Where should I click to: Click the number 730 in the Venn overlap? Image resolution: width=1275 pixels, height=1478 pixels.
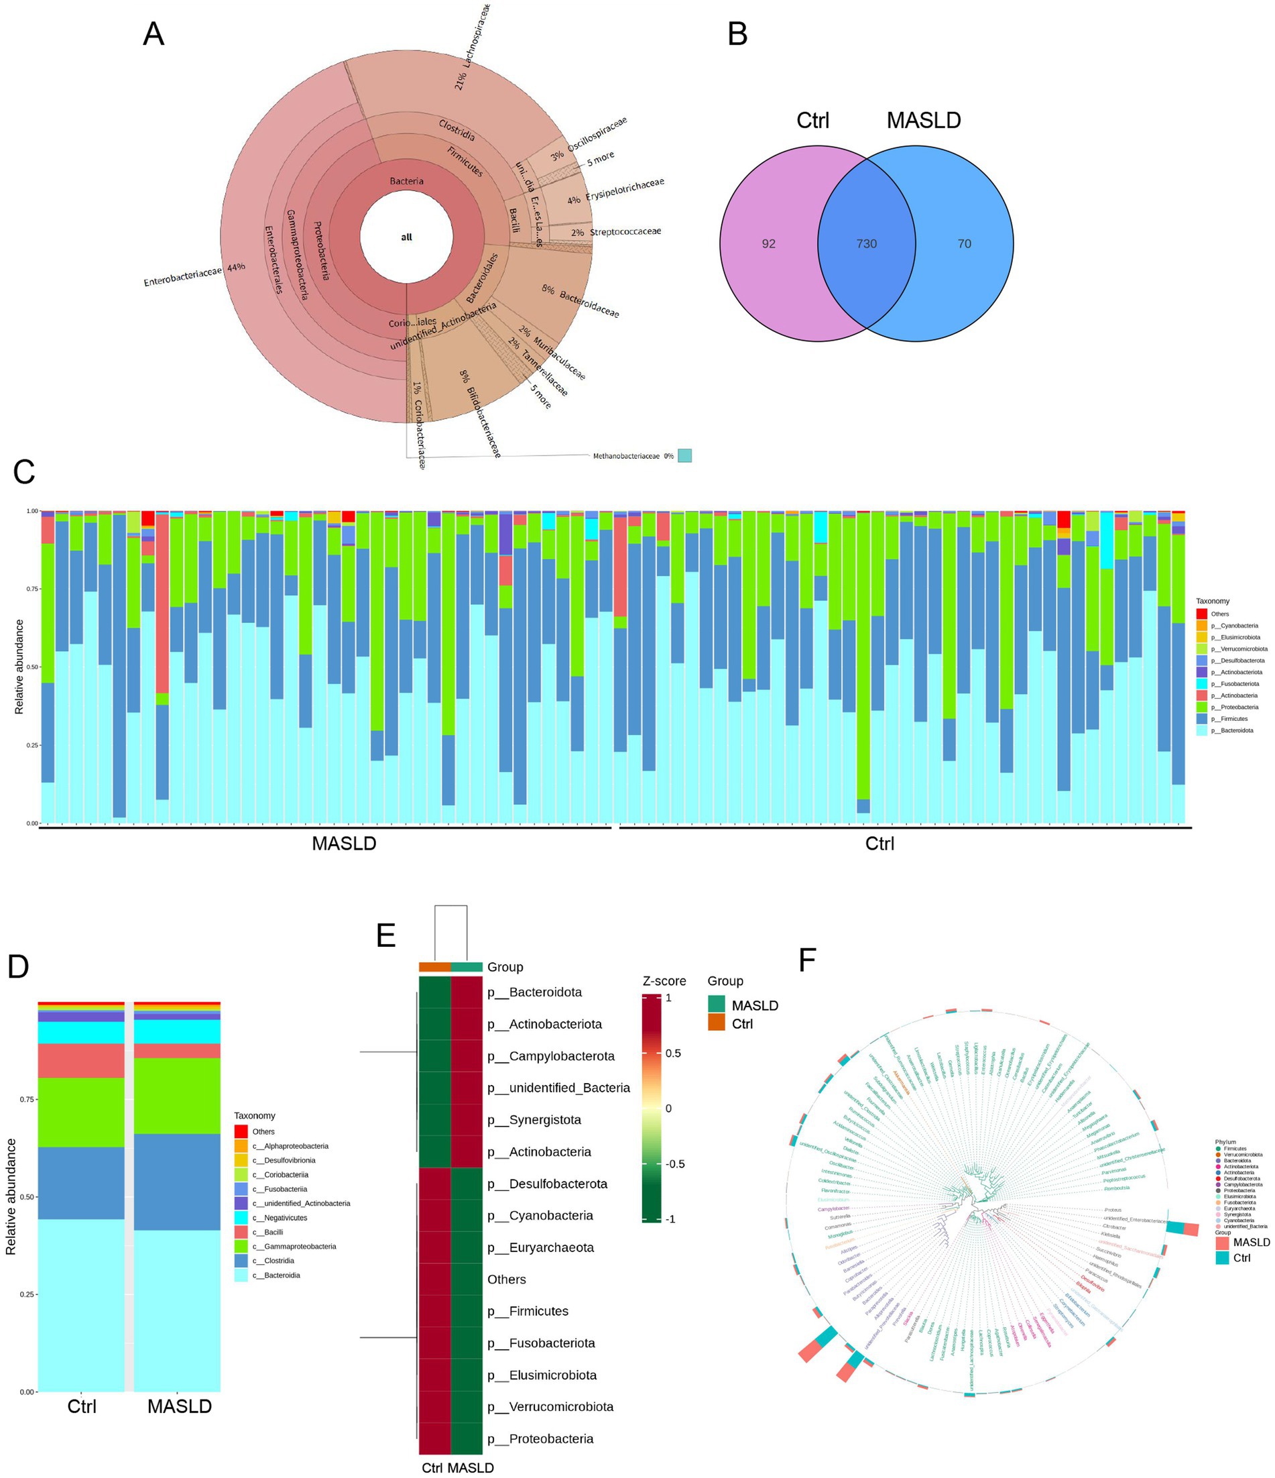(x=865, y=244)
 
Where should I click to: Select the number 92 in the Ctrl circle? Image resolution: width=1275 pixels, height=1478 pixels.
(x=768, y=244)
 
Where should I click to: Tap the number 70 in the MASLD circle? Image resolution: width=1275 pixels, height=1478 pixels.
(x=964, y=244)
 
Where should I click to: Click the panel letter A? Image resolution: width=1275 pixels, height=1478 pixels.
(x=154, y=34)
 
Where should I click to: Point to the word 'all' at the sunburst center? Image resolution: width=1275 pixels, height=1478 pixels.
(x=406, y=237)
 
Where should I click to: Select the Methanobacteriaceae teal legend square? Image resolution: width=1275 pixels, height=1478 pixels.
(x=684, y=455)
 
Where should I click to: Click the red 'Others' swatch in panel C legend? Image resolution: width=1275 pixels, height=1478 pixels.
(x=1201, y=614)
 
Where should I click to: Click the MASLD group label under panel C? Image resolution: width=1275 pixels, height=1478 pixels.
(x=344, y=844)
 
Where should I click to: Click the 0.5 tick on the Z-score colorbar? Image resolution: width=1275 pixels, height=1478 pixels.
(x=672, y=1054)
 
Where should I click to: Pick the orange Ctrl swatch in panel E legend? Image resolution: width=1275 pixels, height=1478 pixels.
(x=716, y=1023)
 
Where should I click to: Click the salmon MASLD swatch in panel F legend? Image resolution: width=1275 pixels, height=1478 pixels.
(x=1223, y=1243)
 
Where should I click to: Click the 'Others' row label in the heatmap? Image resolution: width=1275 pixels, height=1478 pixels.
(x=506, y=1280)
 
